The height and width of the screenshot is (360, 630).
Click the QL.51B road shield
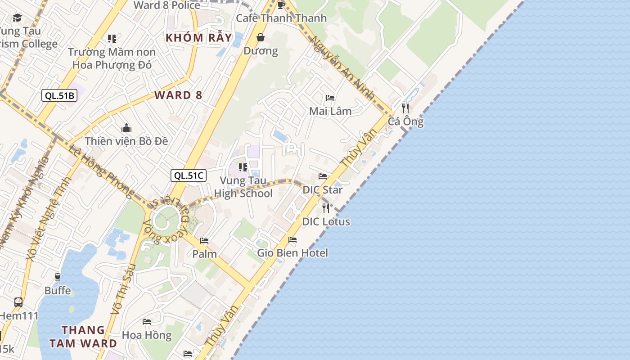(x=59, y=95)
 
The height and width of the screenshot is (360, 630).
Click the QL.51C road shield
(x=189, y=175)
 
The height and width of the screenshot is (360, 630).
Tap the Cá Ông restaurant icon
(x=405, y=108)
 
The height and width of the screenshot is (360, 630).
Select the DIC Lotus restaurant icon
(x=326, y=208)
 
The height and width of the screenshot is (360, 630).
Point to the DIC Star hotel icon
(x=323, y=176)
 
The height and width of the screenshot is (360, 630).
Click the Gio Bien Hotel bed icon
(x=292, y=240)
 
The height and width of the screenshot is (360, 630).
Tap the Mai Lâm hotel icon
(x=330, y=98)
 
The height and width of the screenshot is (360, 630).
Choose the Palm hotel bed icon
(x=204, y=241)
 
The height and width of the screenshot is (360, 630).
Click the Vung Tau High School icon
(x=243, y=167)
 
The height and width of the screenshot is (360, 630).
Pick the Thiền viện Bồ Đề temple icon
(x=126, y=128)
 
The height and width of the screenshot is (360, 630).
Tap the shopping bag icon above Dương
(x=261, y=37)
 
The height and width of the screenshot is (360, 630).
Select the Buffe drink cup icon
(x=58, y=277)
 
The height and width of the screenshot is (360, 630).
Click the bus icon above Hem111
(x=18, y=302)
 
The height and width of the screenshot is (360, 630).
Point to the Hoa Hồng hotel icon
(x=147, y=322)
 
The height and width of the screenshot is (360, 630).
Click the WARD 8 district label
(x=178, y=95)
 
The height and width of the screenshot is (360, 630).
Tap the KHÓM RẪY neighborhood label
(x=199, y=38)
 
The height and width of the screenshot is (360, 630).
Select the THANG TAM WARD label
(x=83, y=337)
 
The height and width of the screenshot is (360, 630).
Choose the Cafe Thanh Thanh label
(x=281, y=18)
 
